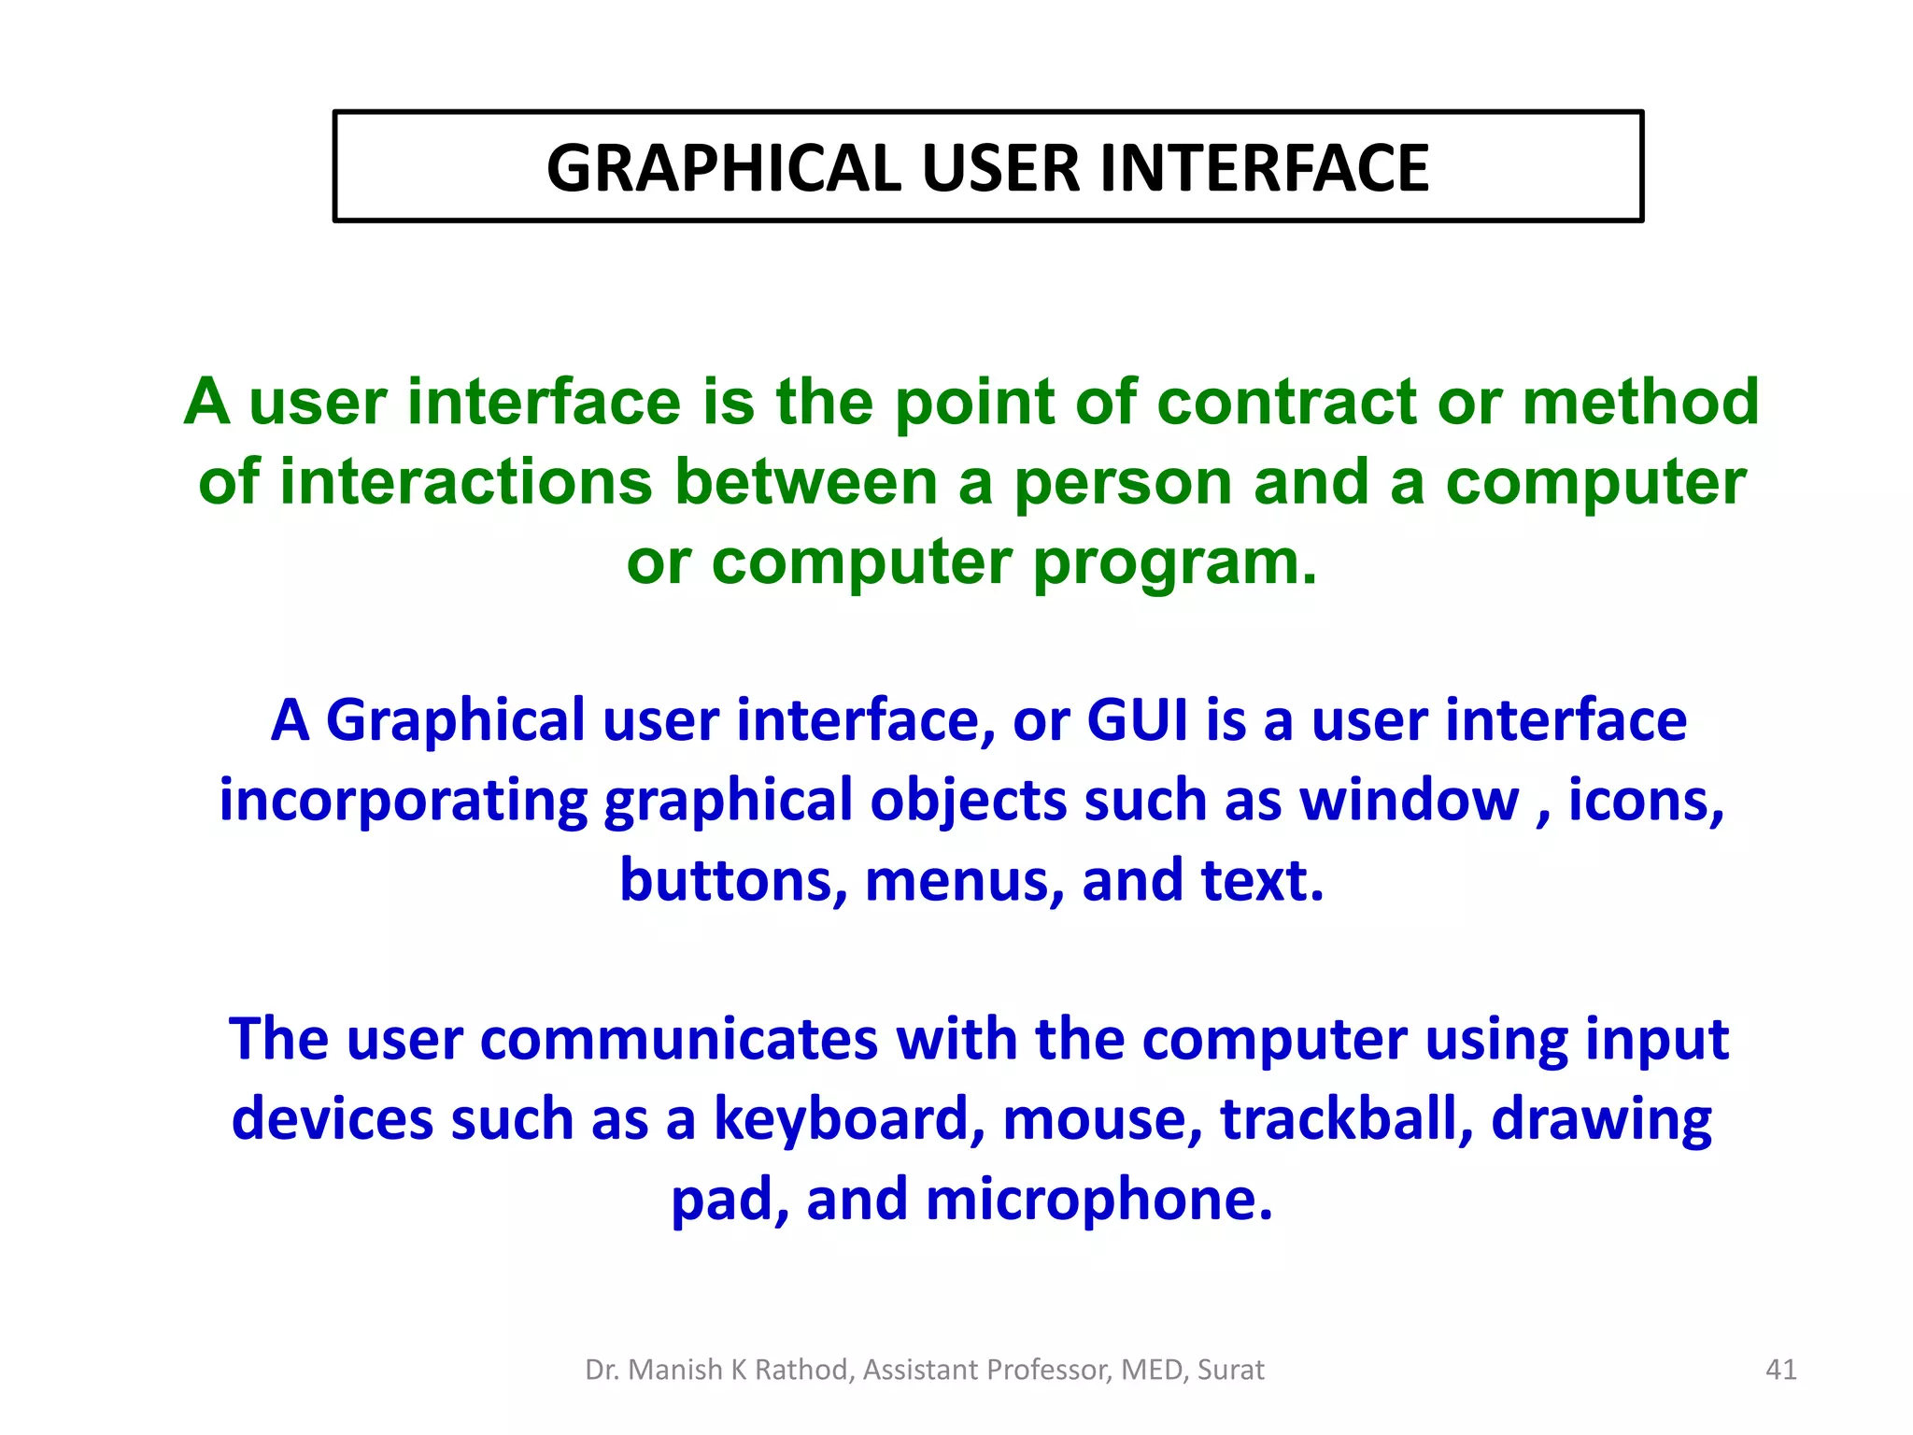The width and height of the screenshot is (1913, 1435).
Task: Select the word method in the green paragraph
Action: click(x=1640, y=402)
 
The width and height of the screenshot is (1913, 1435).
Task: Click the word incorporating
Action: click(x=404, y=802)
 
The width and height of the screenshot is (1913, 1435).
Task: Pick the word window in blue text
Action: click(x=1410, y=801)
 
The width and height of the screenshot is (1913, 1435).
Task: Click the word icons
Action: click(x=1645, y=802)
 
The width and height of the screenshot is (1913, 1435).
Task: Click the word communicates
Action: click(x=679, y=1039)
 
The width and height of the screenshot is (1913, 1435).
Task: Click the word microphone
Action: click(x=1098, y=1201)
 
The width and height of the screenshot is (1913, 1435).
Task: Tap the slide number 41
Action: click(x=1780, y=1370)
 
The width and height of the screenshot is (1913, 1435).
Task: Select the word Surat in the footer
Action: click(x=1230, y=1370)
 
